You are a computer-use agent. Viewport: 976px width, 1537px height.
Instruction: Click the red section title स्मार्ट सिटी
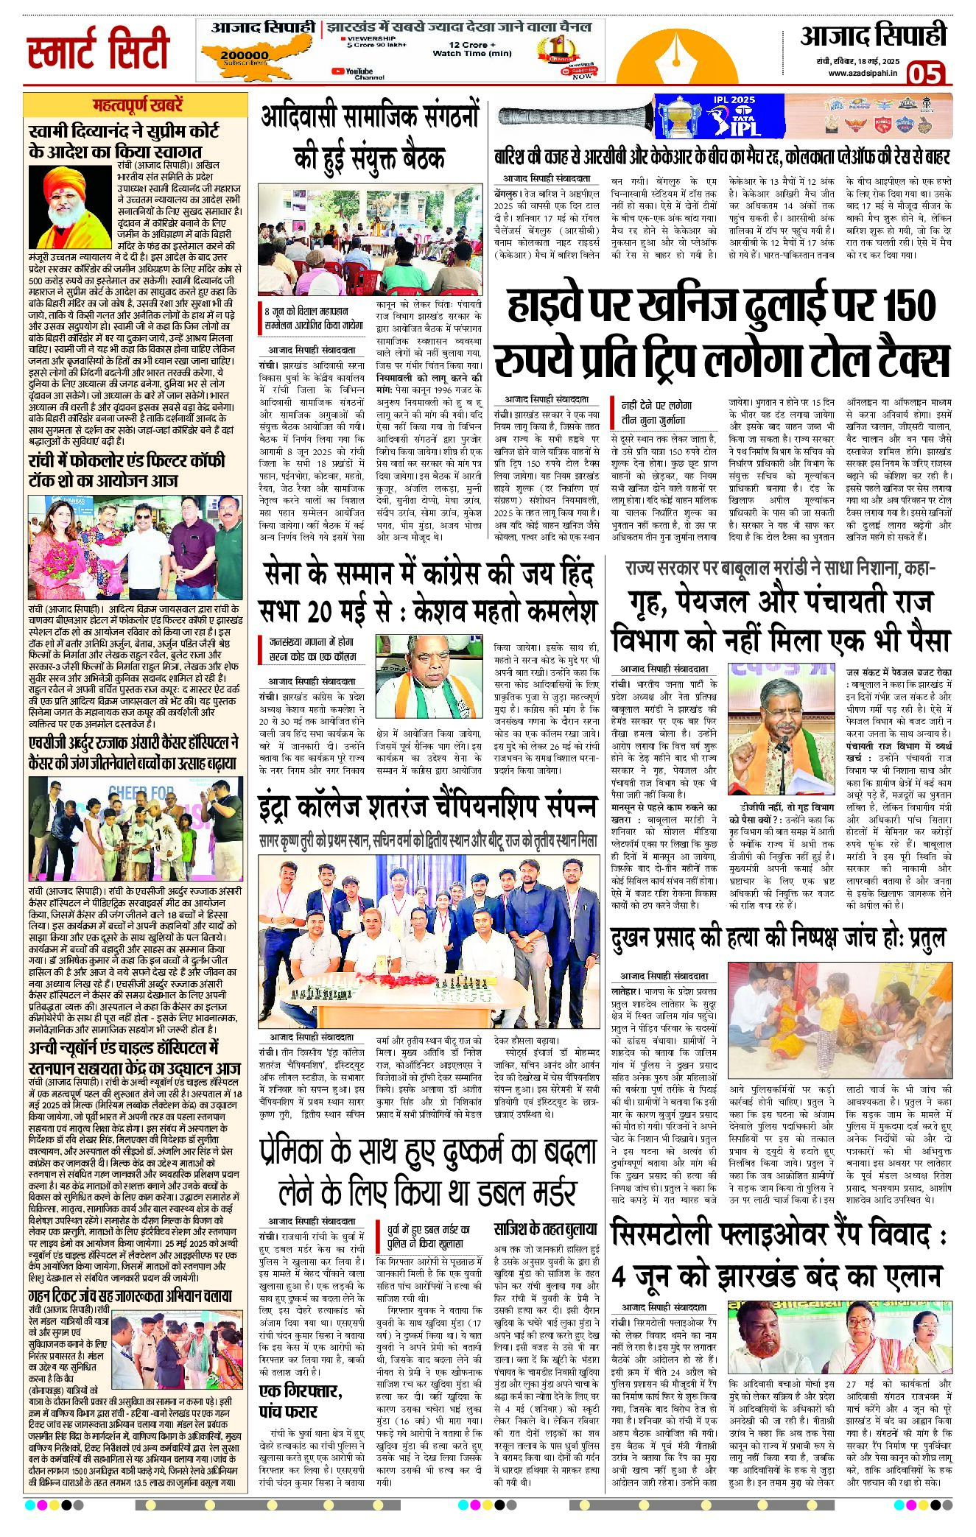pos(98,49)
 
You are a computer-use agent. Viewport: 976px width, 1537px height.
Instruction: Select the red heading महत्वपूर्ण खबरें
pos(138,105)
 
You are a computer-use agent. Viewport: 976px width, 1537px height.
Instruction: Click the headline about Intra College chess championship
pos(427,807)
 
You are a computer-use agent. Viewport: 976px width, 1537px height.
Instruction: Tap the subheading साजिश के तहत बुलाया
pos(545,1228)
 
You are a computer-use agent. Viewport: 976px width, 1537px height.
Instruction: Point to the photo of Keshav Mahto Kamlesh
pos(430,675)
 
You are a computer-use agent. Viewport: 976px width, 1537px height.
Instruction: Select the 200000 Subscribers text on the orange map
pos(245,57)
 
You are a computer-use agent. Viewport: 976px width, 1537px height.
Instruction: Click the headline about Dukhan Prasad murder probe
pos(778,938)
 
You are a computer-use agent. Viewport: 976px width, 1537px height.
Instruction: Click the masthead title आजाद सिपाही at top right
pos(873,36)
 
